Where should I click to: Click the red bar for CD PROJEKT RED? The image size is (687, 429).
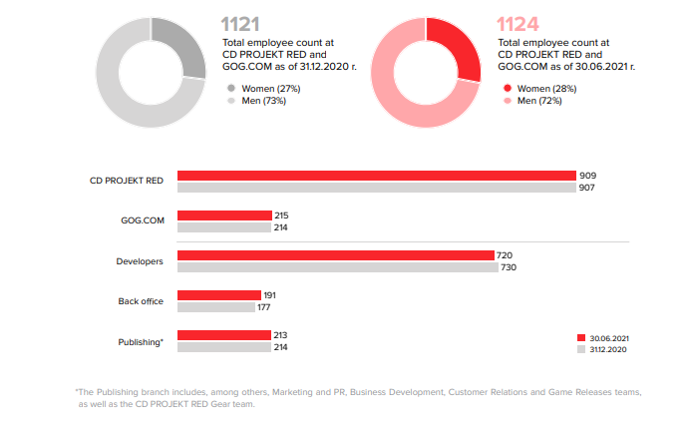[377, 176]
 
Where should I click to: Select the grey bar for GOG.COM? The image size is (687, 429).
[224, 227]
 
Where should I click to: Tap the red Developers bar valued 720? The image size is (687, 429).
[336, 255]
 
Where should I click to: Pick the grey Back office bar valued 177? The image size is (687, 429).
[215, 307]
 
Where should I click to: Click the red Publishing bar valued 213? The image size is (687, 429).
[224, 335]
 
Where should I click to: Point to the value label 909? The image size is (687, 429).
[587, 176]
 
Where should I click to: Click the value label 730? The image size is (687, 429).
[508, 267]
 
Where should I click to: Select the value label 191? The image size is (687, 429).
[270, 295]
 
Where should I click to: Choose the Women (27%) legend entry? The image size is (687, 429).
[263, 88]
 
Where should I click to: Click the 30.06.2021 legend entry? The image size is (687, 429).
[605, 337]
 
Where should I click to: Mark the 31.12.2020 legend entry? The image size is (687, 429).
[605, 350]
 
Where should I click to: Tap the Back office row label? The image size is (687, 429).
[140, 301]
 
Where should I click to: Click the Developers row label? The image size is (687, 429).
[139, 261]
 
